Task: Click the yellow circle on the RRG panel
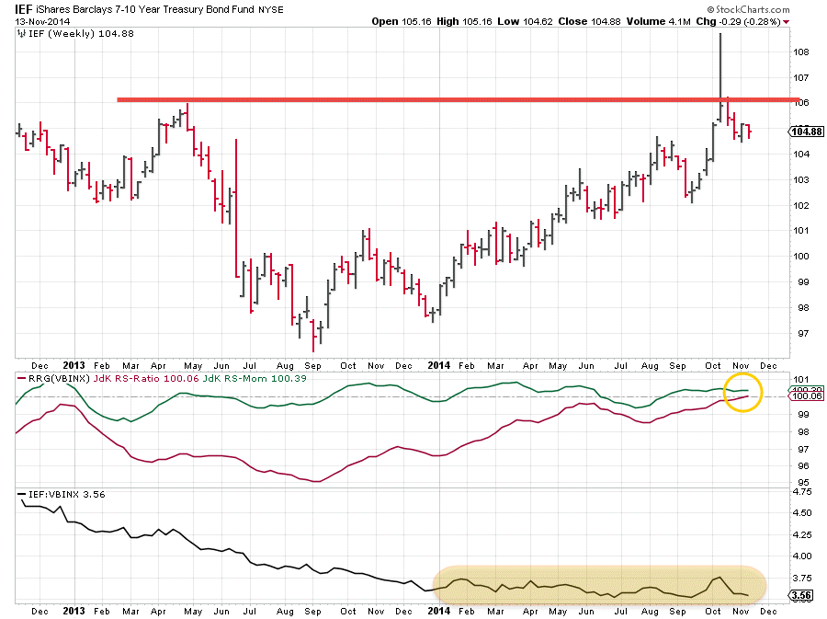click(743, 393)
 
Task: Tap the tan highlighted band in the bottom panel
click(597, 585)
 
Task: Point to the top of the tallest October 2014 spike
click(720, 34)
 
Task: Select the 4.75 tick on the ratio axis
click(800, 492)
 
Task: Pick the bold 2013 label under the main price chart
click(75, 365)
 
